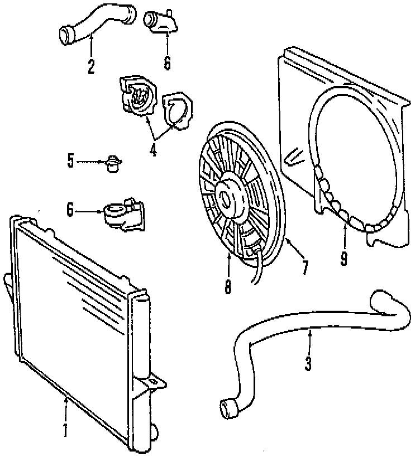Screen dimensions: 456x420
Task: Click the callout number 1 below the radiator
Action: click(x=65, y=430)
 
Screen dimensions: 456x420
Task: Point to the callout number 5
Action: click(x=70, y=161)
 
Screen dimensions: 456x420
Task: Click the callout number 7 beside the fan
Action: click(x=304, y=267)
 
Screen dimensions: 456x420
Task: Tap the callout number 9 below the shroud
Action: click(x=343, y=258)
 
